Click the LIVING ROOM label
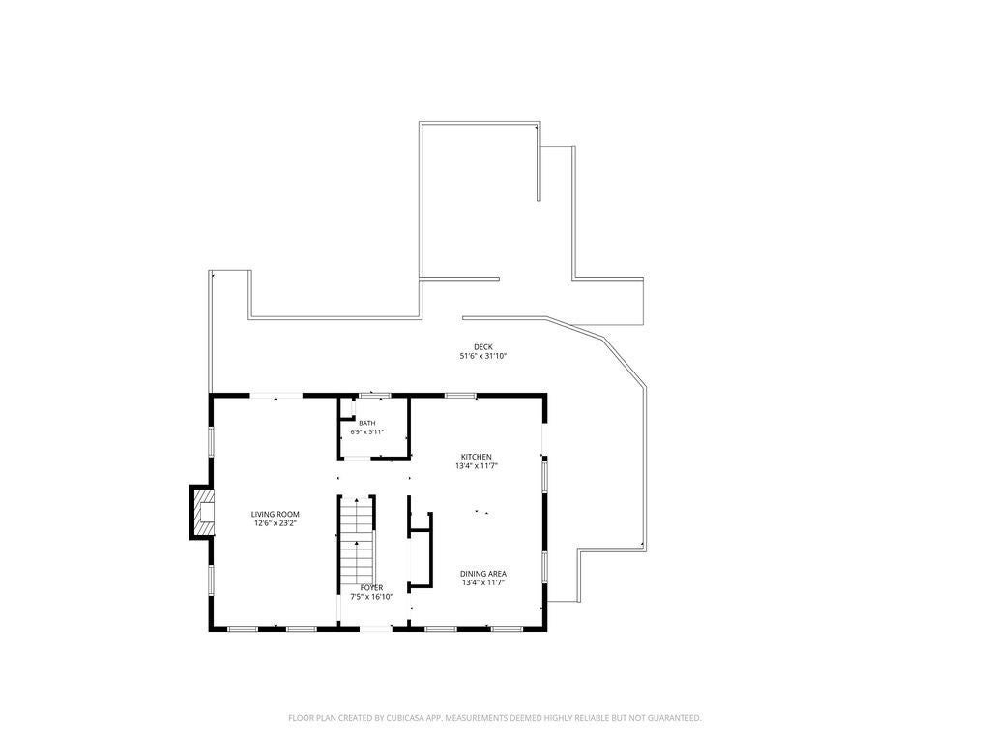[275, 515]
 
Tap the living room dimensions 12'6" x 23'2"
[275, 523]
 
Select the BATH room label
[366, 423]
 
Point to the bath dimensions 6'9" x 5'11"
[366, 432]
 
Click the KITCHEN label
[476, 457]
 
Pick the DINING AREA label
[483, 574]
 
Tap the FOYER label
[371, 587]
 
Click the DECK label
[483, 347]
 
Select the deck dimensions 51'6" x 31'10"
[483, 356]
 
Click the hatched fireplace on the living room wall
[202, 512]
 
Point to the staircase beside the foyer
[357, 541]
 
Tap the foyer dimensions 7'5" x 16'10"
[371, 596]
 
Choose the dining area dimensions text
[483, 582]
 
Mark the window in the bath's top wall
[374, 396]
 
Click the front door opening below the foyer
[374, 628]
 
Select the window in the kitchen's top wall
[460, 396]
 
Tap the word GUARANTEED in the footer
[677, 718]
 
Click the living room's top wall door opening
[277, 396]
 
